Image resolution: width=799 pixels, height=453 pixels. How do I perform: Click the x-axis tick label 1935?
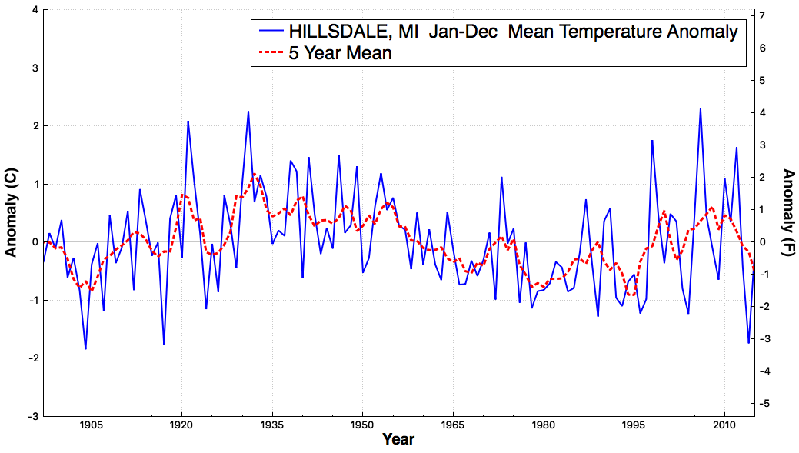point(272,425)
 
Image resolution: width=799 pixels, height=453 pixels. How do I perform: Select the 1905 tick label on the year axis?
point(92,425)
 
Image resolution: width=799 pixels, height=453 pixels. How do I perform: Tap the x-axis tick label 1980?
point(544,425)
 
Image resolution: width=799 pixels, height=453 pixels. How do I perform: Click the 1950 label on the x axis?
point(363,425)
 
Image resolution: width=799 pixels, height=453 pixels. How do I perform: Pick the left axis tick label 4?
point(35,10)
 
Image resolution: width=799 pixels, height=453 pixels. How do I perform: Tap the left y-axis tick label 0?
point(35,242)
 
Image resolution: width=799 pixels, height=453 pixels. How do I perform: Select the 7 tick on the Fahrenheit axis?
point(762,16)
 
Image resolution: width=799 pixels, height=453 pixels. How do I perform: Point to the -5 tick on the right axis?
point(760,404)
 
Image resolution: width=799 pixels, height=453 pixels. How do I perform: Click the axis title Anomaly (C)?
point(11,212)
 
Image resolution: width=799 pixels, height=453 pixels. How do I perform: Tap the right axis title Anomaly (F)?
point(787,212)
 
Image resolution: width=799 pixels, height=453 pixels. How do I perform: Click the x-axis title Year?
point(398,439)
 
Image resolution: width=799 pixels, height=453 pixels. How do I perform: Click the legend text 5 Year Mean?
point(341,53)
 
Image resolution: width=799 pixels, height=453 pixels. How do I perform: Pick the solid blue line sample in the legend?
point(271,31)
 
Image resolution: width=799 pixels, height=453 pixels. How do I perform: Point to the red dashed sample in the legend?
point(271,52)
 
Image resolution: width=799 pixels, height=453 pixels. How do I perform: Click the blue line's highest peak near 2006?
point(700,109)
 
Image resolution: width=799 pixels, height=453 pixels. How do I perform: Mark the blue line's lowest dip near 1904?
point(85,348)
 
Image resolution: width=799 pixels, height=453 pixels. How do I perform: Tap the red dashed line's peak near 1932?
point(255,175)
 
